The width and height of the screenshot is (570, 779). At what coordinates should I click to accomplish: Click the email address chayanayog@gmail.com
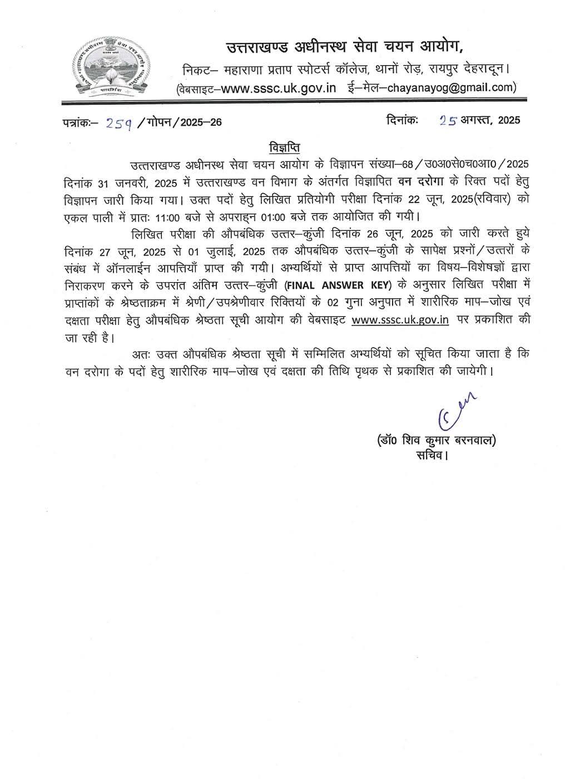pos(458,87)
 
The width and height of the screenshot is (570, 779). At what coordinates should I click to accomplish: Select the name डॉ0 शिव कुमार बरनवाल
pos(435,441)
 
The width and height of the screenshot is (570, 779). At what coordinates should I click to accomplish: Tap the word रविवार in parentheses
pos(480,199)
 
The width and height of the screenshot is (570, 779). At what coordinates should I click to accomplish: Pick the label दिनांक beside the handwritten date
pos(402,120)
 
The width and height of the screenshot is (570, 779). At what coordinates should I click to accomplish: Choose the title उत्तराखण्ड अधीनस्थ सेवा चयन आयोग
pos(344,47)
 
